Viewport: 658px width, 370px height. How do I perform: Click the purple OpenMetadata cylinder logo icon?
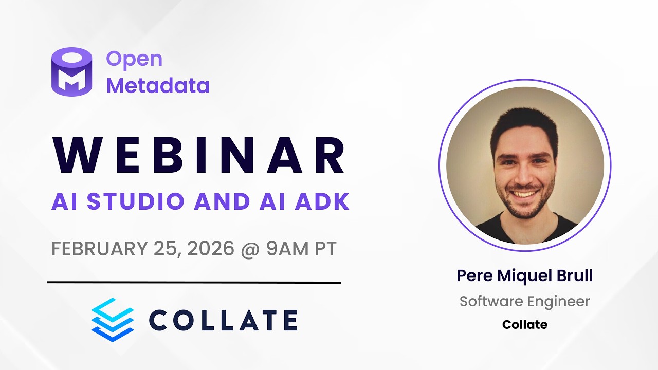[x=71, y=71]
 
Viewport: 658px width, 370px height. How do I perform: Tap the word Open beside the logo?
[x=134, y=59]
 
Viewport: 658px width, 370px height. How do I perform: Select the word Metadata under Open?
[x=158, y=85]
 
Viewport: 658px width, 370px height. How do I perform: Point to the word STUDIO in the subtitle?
[x=135, y=201]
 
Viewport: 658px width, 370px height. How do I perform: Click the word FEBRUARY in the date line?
[x=99, y=249]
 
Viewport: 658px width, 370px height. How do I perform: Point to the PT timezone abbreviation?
[x=325, y=249]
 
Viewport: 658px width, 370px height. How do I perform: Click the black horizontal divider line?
[x=194, y=282]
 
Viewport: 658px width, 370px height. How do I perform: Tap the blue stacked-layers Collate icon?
[x=112, y=320]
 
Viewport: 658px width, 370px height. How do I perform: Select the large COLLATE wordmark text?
[x=223, y=320]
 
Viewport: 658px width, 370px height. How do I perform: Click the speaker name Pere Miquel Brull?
[x=525, y=275]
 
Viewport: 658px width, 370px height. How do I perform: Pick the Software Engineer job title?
[x=525, y=301]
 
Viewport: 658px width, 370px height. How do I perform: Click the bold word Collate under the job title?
[x=525, y=325]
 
